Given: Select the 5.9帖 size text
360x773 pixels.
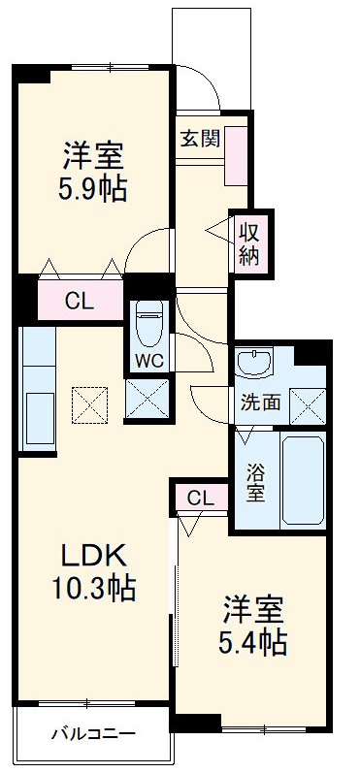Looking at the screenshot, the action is click(92, 186).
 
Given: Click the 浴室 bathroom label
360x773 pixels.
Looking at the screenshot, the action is click(255, 483).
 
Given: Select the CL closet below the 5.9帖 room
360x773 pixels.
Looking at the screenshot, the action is click(80, 300).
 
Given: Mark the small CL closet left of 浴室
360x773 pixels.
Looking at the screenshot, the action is click(200, 499).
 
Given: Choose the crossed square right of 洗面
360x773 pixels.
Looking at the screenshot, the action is click(308, 402).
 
